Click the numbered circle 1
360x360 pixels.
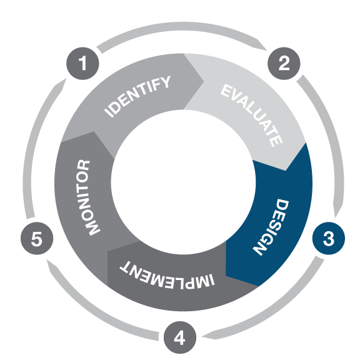click(82, 63)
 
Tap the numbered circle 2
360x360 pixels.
click(284, 63)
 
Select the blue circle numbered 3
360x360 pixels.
click(329, 238)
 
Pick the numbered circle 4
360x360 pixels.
click(180, 337)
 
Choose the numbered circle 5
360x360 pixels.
click(37, 238)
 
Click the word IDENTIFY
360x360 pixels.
click(137, 96)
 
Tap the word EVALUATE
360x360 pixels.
click(252, 115)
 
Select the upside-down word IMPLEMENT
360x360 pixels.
click(167, 275)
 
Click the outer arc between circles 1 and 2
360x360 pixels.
click(181, 26)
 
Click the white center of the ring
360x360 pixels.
click(183, 182)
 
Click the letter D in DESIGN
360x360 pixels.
click(282, 205)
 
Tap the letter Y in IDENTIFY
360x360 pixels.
click(165, 82)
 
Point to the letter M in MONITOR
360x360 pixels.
click(92, 227)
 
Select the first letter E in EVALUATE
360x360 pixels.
click(227, 91)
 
